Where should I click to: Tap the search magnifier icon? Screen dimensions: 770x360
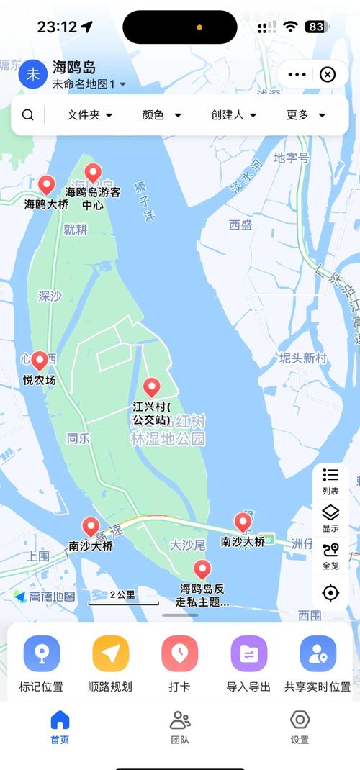tap(27, 115)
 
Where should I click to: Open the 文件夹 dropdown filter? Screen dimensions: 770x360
tap(90, 115)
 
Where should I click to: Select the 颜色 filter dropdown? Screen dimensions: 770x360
tap(161, 115)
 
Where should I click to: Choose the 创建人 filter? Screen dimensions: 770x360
tap(234, 115)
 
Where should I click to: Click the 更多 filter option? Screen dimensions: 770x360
tap(306, 115)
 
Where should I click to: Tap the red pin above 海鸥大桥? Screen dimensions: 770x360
tap(47, 186)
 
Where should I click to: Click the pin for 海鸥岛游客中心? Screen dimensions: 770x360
tap(93, 173)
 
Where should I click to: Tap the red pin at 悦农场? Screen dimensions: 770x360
tap(40, 361)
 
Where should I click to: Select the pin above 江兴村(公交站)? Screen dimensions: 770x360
tap(151, 388)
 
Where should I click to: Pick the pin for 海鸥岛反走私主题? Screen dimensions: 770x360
tap(202, 569)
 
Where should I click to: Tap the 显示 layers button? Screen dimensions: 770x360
tap(330, 517)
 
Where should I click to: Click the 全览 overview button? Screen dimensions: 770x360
tap(330, 554)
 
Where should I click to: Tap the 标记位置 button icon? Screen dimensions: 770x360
tap(42, 653)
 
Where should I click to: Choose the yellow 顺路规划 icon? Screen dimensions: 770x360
tap(111, 653)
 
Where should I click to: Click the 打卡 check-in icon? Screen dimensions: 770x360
tap(180, 653)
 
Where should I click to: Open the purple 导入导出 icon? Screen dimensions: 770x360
tap(249, 653)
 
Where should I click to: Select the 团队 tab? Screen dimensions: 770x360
tap(180, 725)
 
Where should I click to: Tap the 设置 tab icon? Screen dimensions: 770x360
tap(300, 720)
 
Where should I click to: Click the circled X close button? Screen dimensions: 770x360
tap(328, 75)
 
